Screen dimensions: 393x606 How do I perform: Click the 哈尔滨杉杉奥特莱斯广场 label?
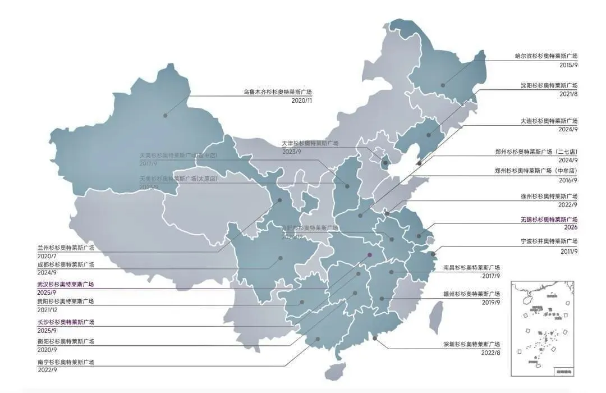(546, 56)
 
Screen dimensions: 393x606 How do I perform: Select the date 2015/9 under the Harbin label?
(568, 65)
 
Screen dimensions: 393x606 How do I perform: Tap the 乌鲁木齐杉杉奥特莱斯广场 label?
(277, 92)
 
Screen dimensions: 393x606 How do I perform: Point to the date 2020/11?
(301, 100)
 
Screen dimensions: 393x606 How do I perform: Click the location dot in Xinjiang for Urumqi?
(165, 116)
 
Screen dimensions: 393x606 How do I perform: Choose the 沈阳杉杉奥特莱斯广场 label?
(549, 86)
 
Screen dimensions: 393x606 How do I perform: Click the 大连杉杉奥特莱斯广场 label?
(549, 121)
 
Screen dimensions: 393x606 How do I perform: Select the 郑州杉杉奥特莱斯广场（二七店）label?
(536, 152)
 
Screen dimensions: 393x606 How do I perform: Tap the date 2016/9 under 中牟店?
(568, 180)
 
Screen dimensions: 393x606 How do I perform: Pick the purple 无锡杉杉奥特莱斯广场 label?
(549, 220)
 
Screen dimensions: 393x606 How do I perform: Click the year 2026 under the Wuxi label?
(570, 228)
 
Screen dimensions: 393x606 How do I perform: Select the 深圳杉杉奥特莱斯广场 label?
(471, 344)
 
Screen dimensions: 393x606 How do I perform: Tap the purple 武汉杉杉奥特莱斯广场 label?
(66, 285)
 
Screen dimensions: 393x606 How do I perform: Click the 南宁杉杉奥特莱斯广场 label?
(66, 362)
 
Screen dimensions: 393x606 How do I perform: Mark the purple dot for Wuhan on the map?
(369, 255)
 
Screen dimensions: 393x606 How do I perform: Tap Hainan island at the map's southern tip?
(335, 371)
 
